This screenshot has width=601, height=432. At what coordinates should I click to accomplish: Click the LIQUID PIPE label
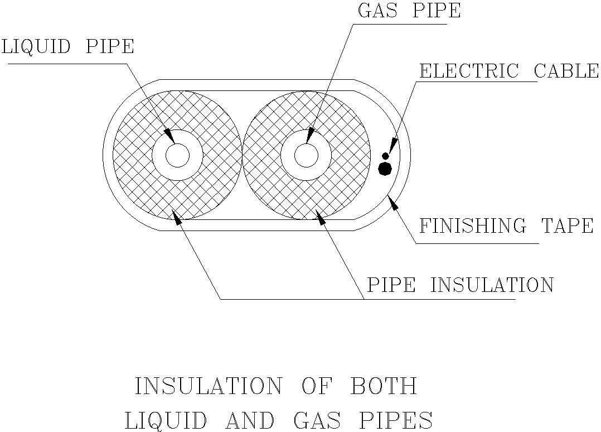tap(67, 46)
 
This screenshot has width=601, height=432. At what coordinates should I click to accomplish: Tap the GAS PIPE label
tap(409, 11)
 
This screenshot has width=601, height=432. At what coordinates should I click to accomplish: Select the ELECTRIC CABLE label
tap(508, 71)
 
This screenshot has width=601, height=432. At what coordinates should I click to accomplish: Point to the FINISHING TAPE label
tap(506, 226)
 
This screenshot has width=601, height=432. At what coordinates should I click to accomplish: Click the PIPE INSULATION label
tap(459, 285)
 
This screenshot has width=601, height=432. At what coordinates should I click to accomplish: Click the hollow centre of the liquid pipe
tap(177, 155)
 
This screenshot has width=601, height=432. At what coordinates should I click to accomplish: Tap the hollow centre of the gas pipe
tap(306, 155)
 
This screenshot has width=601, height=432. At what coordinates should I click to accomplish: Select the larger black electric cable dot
tap(385, 168)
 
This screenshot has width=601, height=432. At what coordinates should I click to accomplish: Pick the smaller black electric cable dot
tap(385, 156)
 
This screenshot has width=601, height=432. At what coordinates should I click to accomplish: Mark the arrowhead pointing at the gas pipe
tap(310, 135)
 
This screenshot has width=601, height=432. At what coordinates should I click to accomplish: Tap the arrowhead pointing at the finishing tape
tap(394, 203)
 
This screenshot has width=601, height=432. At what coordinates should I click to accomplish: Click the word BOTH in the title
tap(383, 386)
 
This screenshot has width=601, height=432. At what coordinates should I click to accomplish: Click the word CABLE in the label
tap(566, 71)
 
